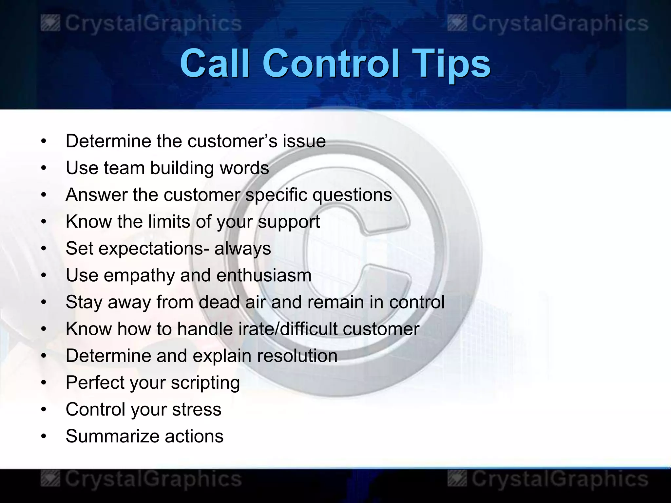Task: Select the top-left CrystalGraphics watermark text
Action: click(x=153, y=24)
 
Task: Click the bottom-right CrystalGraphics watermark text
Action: click(x=560, y=479)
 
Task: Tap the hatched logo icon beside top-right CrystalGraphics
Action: click(x=457, y=24)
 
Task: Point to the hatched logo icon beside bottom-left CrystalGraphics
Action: click(x=50, y=479)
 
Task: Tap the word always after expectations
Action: click(x=242, y=248)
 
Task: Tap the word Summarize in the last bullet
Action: click(x=112, y=436)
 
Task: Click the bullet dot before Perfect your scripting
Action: click(x=44, y=382)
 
